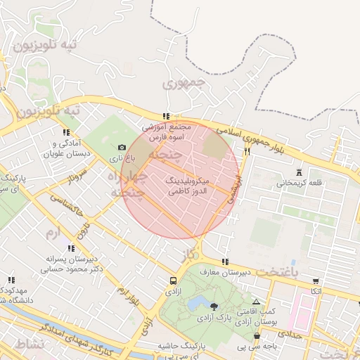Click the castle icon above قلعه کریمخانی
coord(300,172)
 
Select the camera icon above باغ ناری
coord(122,148)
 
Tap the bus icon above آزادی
coord(172,279)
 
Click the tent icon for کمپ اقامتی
coord(256,302)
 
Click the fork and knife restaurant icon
coord(247,151)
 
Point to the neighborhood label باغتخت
coord(295,271)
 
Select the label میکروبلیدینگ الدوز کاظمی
coord(186,186)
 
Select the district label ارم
coord(53,232)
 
